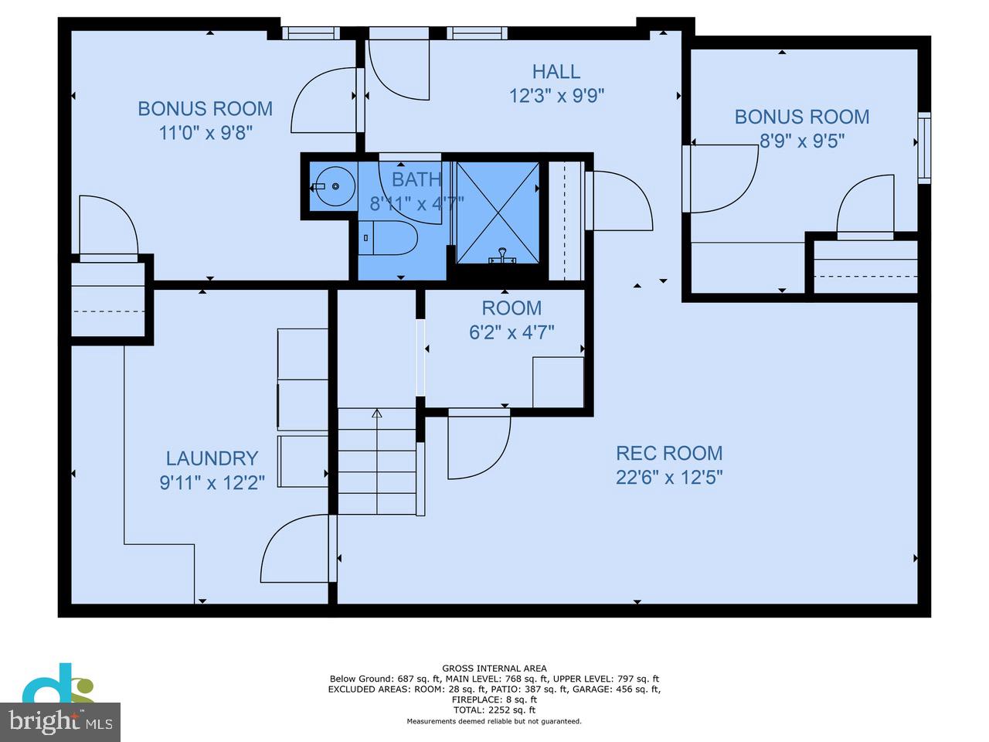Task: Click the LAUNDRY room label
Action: coord(212,458)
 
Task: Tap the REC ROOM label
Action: coord(669,453)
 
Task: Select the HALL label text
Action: coord(556,72)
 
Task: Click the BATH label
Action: coord(416,179)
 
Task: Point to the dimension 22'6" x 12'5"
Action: coord(669,477)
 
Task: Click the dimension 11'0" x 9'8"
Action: coord(206,133)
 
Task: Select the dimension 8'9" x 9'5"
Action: coord(802,141)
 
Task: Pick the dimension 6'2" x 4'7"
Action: coord(511,332)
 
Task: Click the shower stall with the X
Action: coord(497,211)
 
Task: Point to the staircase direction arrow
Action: coord(377,415)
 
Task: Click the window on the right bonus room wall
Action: coord(923,148)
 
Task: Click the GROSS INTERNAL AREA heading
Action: coord(494,669)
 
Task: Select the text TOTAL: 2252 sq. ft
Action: coord(494,710)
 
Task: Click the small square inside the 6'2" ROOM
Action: coord(558,381)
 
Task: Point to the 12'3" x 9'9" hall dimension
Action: coord(556,96)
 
